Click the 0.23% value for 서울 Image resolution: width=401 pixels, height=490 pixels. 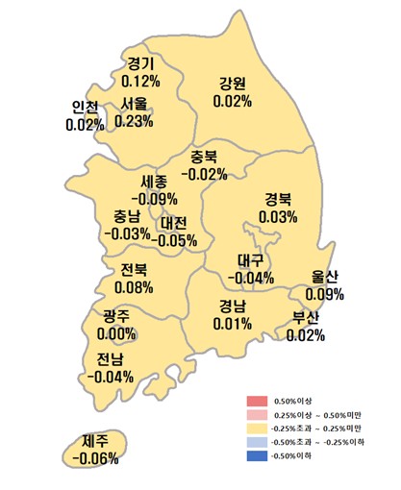click(x=135, y=121)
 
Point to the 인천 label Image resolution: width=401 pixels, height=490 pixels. click(x=86, y=108)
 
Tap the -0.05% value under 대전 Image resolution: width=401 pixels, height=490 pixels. click(x=174, y=240)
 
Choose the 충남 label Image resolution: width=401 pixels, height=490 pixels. click(x=125, y=216)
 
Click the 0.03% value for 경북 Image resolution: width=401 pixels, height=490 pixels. click(x=278, y=217)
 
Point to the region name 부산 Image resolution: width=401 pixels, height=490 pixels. click(x=306, y=318)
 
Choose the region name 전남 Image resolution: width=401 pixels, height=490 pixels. click(x=110, y=359)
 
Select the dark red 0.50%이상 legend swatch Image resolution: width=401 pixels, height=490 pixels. click(x=255, y=401)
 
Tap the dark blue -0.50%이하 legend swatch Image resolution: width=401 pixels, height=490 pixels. click(x=255, y=454)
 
